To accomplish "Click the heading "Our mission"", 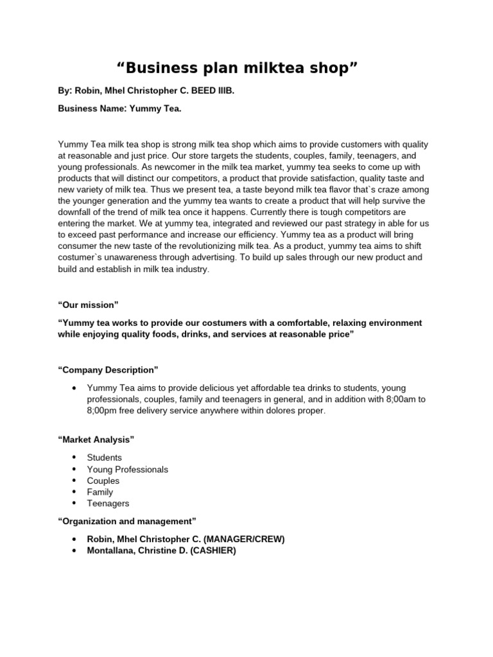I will point(88,304).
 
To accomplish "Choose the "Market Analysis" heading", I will point(96,439).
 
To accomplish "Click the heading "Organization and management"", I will point(126,520).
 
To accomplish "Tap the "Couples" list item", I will point(103,481).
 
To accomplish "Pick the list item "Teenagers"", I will point(108,504).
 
